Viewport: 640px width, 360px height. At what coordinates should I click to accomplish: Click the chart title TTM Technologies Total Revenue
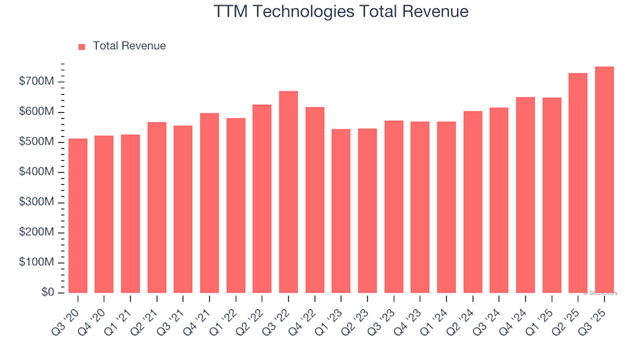(x=341, y=12)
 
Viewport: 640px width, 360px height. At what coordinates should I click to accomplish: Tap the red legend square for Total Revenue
(x=82, y=47)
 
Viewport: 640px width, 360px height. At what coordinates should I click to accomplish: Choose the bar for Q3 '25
(x=604, y=180)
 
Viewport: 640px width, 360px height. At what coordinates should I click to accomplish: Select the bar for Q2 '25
(x=578, y=183)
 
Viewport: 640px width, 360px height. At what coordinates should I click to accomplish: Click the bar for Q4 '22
(x=315, y=200)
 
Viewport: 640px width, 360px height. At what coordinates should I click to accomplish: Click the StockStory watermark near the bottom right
(x=601, y=293)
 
